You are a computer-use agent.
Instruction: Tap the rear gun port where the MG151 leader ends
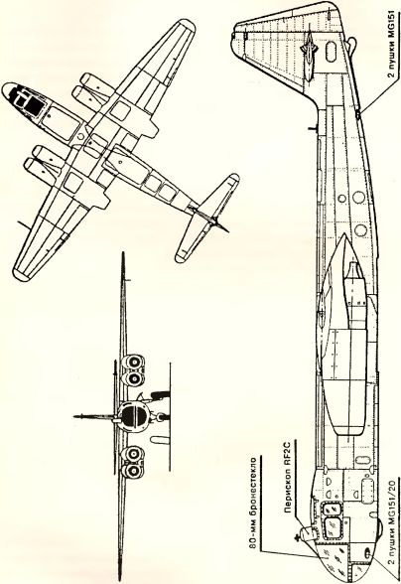357,115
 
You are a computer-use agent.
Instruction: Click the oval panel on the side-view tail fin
330,52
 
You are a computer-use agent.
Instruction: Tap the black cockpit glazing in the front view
132,415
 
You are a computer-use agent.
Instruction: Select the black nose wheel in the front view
161,394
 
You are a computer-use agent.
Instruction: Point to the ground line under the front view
170,416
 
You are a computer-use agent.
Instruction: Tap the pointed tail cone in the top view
222,226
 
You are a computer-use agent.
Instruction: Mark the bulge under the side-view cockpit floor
377,528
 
